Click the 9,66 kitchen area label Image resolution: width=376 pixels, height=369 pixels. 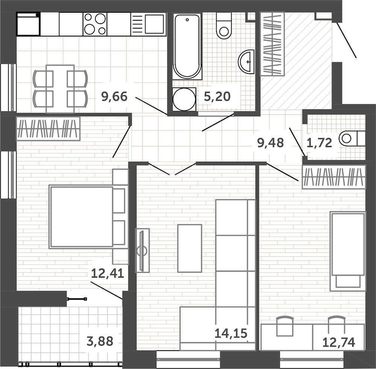point(114,96)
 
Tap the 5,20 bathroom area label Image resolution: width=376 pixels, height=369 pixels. point(217,96)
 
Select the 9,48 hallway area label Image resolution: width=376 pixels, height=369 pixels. point(270,143)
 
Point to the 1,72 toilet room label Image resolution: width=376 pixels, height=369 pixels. point(319,143)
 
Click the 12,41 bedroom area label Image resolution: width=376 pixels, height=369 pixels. point(108,273)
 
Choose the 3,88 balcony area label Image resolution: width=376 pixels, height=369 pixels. point(100,341)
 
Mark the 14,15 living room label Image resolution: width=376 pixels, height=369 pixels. point(231,333)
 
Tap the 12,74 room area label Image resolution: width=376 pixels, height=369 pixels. point(339,342)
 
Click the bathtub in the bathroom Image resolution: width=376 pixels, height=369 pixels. point(187,46)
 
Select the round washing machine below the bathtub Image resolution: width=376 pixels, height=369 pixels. point(184,99)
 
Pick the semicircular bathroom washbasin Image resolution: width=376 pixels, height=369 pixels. point(246,62)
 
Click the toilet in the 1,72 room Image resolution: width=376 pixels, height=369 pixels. point(352,138)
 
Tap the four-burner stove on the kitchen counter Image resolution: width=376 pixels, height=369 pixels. point(95,24)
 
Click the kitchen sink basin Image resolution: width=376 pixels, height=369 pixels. point(154,24)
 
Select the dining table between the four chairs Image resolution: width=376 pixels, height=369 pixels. point(60,88)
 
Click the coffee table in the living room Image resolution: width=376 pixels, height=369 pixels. point(190,248)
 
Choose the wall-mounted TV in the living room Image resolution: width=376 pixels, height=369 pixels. point(143,251)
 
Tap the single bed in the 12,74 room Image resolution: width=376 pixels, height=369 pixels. point(348,251)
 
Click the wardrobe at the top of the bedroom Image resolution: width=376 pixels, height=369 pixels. point(48,128)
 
